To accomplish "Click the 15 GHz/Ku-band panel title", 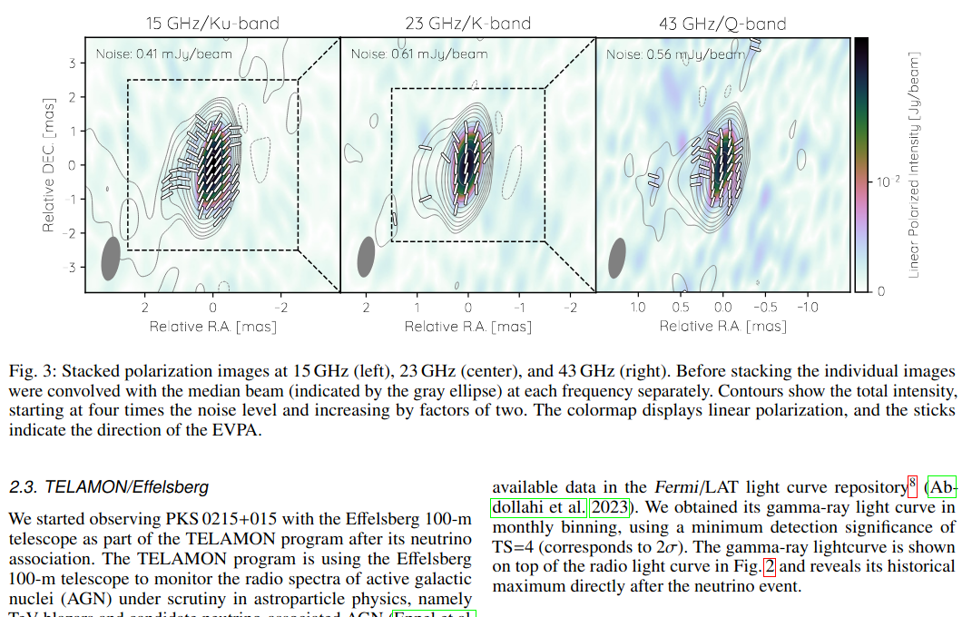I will pos(212,24).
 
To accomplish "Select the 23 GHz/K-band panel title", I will pos(467,24).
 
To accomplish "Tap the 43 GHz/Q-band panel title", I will pos(723,24).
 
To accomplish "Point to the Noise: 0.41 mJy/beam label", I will pos(163,54).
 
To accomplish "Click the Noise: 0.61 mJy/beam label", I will pos(418,54).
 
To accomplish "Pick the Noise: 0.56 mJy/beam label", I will pos(675,54).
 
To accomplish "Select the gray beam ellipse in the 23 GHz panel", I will pos(367,257).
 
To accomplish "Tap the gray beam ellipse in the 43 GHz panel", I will pos(617,260).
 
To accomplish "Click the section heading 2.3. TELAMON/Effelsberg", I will pos(109,487).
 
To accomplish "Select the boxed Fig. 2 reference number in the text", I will pos(770,567).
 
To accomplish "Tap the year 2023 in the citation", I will pos(612,506).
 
